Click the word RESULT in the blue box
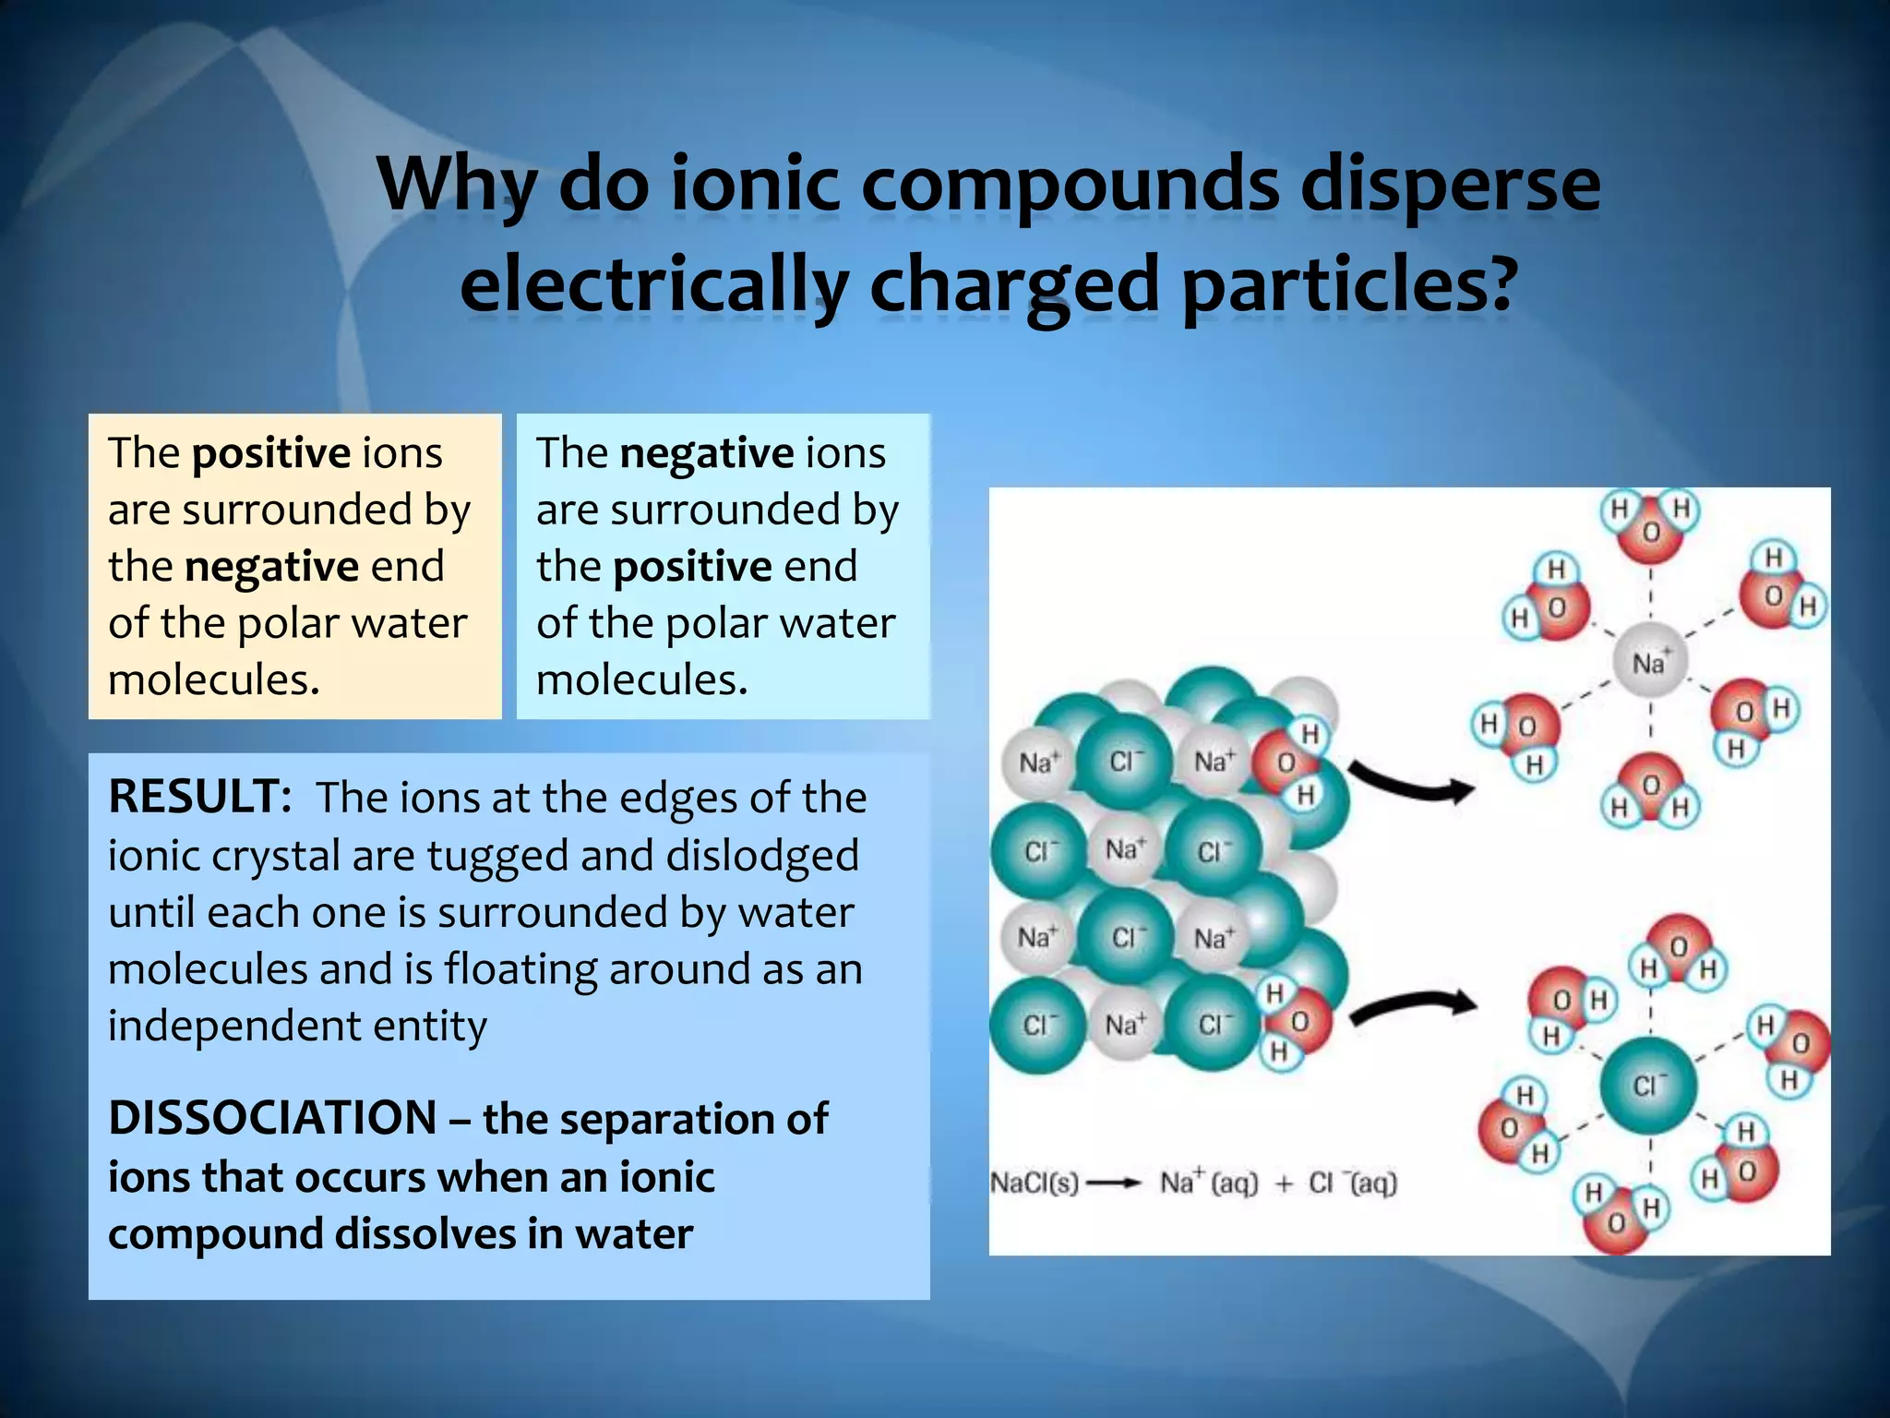[x=197, y=797]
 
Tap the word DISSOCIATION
[x=272, y=1118]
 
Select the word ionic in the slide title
[x=755, y=184]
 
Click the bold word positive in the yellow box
[x=271, y=453]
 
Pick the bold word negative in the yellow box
[x=271, y=567]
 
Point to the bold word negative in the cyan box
[x=707, y=453]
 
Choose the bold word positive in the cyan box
[x=692, y=567]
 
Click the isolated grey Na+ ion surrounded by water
[x=1649, y=662]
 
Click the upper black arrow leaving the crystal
[x=1412, y=785]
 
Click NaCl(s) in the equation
[x=1034, y=1183]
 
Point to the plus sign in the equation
[x=1284, y=1184]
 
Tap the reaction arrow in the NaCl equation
[x=1114, y=1184]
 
